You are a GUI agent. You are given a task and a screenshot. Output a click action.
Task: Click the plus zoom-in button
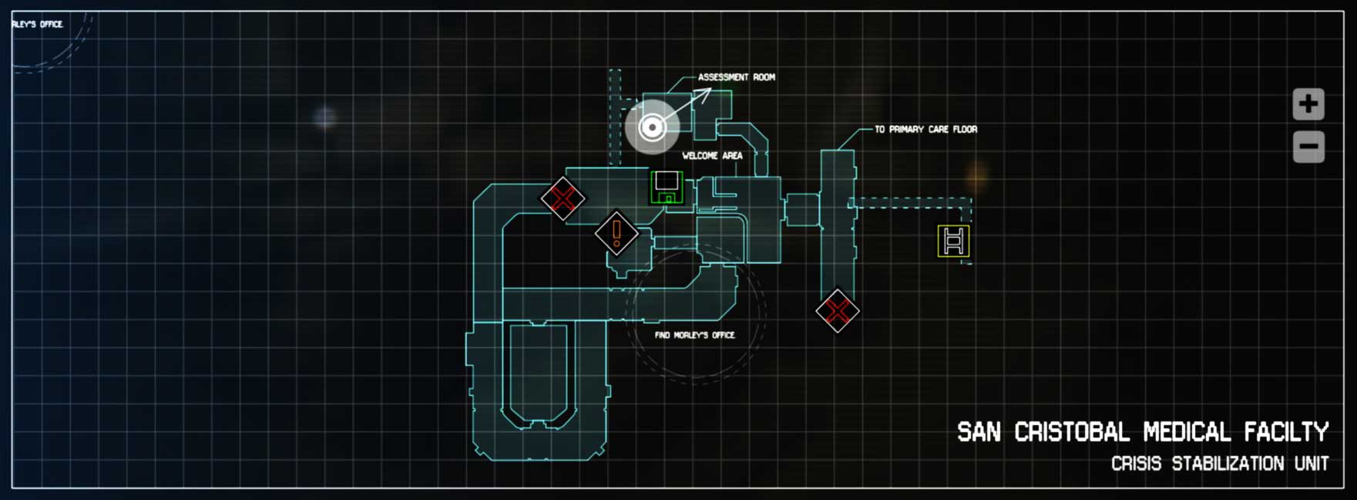pos(1308,104)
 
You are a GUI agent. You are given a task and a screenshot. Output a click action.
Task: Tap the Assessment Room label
pos(736,77)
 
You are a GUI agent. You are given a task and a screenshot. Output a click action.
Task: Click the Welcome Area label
pos(712,156)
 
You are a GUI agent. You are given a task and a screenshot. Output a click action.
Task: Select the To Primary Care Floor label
pos(925,130)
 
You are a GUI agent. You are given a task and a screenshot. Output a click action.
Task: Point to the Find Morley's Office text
pos(694,335)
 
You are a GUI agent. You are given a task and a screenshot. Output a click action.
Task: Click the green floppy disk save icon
pos(667,187)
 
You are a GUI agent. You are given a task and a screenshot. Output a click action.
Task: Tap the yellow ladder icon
pos(953,241)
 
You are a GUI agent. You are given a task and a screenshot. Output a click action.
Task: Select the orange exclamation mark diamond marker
pos(616,232)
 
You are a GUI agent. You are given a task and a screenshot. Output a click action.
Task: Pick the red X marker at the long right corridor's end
pos(837,311)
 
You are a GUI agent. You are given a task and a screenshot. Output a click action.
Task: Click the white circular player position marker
pos(652,127)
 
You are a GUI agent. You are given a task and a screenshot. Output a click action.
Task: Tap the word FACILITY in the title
pos(1286,432)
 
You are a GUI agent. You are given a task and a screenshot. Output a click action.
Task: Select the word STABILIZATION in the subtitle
pos(1228,464)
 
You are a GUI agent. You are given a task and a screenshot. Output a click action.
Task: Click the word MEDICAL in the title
pos(1187,432)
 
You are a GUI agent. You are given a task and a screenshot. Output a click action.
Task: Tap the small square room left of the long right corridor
pos(802,210)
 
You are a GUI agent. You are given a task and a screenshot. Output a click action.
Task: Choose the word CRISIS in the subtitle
pos(1136,464)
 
